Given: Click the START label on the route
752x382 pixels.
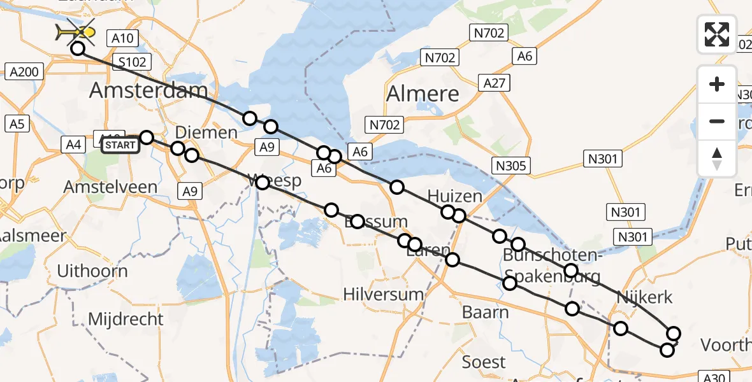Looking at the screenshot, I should (x=120, y=145).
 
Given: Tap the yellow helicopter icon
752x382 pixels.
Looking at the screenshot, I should (x=76, y=31).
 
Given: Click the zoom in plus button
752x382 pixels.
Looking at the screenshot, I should (x=717, y=84).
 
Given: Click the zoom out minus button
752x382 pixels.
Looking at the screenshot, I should (x=717, y=121).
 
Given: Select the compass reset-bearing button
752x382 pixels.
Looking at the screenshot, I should (x=717, y=159).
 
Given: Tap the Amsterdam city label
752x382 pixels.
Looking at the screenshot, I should (x=148, y=90).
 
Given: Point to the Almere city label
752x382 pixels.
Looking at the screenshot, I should (x=423, y=94).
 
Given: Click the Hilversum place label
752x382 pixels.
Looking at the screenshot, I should (x=383, y=294).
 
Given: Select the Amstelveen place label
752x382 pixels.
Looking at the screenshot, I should (x=110, y=187).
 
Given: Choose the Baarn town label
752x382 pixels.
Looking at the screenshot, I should (x=486, y=312).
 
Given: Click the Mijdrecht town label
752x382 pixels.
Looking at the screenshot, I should (x=126, y=318).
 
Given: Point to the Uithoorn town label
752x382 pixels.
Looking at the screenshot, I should (x=92, y=271).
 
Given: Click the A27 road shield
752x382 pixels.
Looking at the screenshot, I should (x=495, y=83).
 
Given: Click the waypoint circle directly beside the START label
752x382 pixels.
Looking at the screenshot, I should (x=147, y=138).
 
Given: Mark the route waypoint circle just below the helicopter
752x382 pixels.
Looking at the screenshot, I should (x=78, y=48).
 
